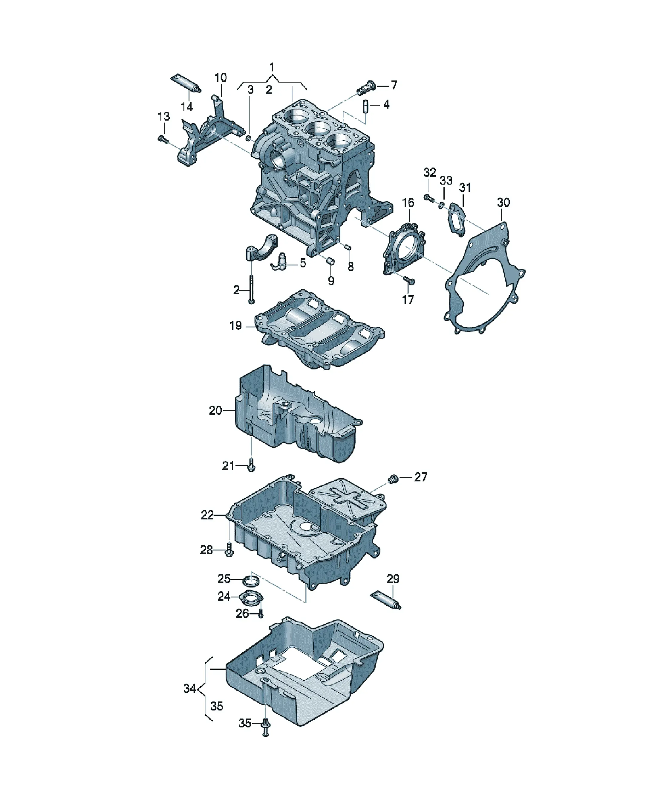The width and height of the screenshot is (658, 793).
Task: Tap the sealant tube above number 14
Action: pos(186,83)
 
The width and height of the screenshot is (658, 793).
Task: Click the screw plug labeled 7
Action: pos(367,88)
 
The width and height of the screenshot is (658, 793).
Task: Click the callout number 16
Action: pos(408,203)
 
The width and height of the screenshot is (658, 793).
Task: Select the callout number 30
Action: pos(503,203)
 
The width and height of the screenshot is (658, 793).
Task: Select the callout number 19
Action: pos(235,325)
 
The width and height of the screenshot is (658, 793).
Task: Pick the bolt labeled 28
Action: pos(229,550)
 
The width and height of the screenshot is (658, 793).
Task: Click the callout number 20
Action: pos(215,410)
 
